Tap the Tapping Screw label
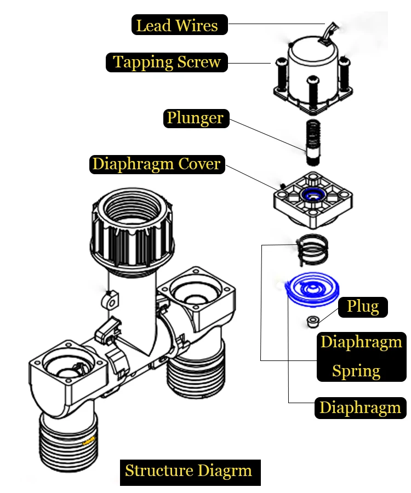(167, 62)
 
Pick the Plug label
(363, 307)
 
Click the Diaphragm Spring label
(362, 357)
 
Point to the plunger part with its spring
(313, 142)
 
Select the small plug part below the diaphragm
(313, 322)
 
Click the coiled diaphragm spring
(312, 250)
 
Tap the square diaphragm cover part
(313, 199)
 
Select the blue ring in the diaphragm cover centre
(312, 194)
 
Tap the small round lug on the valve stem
(110, 300)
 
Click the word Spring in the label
(356, 371)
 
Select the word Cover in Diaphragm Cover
(199, 164)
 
